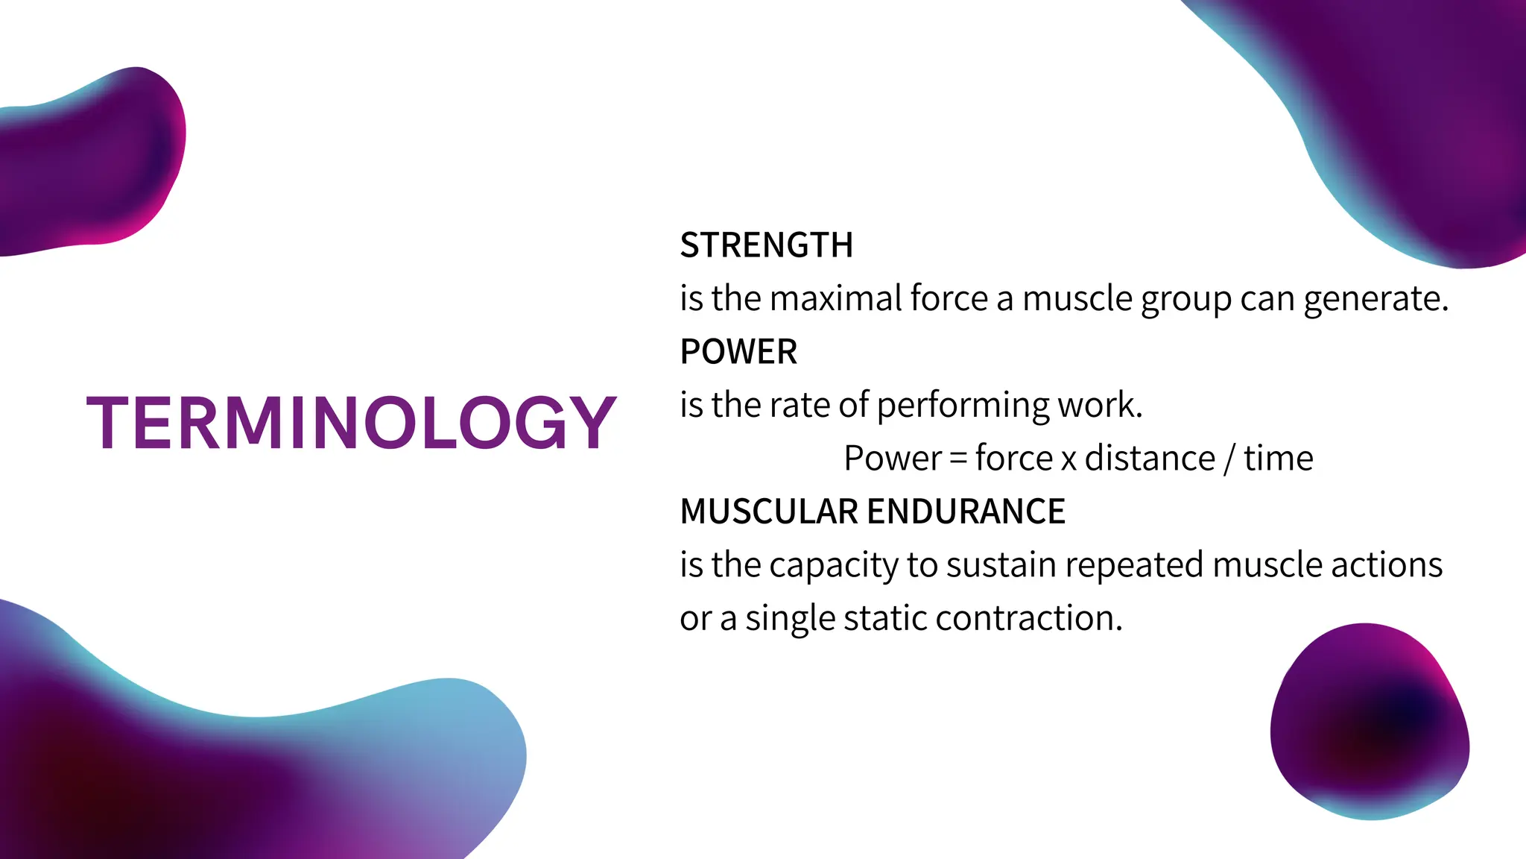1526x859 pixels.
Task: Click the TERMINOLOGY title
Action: click(352, 423)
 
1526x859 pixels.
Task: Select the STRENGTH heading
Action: click(766, 245)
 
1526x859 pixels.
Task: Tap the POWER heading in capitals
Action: click(738, 351)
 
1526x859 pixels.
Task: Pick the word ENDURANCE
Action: click(966, 512)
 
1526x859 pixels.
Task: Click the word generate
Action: click(1375, 300)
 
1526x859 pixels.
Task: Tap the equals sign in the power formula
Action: click(959, 459)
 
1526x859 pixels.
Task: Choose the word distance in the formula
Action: click(1150, 458)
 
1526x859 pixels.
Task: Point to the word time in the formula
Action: click(1278, 458)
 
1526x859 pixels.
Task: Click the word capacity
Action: click(834, 565)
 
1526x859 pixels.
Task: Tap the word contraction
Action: click(1028, 618)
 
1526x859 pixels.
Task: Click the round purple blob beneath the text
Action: click(1370, 721)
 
